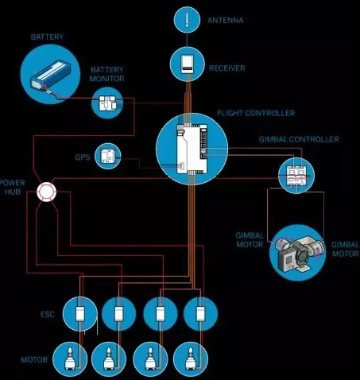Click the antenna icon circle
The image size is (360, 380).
tap(187, 20)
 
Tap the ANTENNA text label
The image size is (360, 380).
tap(226, 21)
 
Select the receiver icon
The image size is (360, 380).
tap(188, 64)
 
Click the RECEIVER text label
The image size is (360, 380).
tap(227, 68)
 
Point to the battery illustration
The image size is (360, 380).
tap(50, 74)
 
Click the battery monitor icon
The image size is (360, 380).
tap(107, 103)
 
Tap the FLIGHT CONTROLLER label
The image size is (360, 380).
tap(256, 113)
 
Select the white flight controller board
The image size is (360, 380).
tap(192, 149)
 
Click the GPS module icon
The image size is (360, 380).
tap(108, 156)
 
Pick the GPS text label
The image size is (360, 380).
tap(83, 157)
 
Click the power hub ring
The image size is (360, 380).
tap(46, 192)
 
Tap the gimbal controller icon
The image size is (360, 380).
tap(296, 175)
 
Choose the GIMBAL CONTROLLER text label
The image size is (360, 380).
tap(299, 139)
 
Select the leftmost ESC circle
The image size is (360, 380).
tap(80, 314)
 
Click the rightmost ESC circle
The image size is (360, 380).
tap(200, 314)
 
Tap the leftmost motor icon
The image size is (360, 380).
tap(70, 359)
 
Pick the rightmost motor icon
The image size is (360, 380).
tap(191, 359)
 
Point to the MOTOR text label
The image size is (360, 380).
tap(34, 359)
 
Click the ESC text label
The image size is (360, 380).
tap(48, 314)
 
